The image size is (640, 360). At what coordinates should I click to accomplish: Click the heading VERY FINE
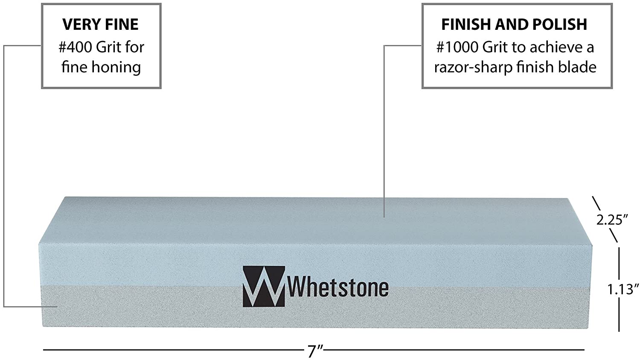click(x=101, y=24)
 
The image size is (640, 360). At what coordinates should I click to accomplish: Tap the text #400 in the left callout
click(x=75, y=47)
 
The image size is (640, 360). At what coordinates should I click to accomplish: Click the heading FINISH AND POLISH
click(x=514, y=24)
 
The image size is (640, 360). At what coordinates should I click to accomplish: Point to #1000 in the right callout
click(x=457, y=47)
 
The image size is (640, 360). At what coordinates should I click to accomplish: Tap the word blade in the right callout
click(x=577, y=67)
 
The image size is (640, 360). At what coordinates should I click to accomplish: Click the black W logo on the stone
click(x=264, y=287)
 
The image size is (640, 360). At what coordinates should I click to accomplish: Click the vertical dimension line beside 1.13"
click(x=619, y=289)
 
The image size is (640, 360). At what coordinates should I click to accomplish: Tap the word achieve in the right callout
click(x=554, y=47)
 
